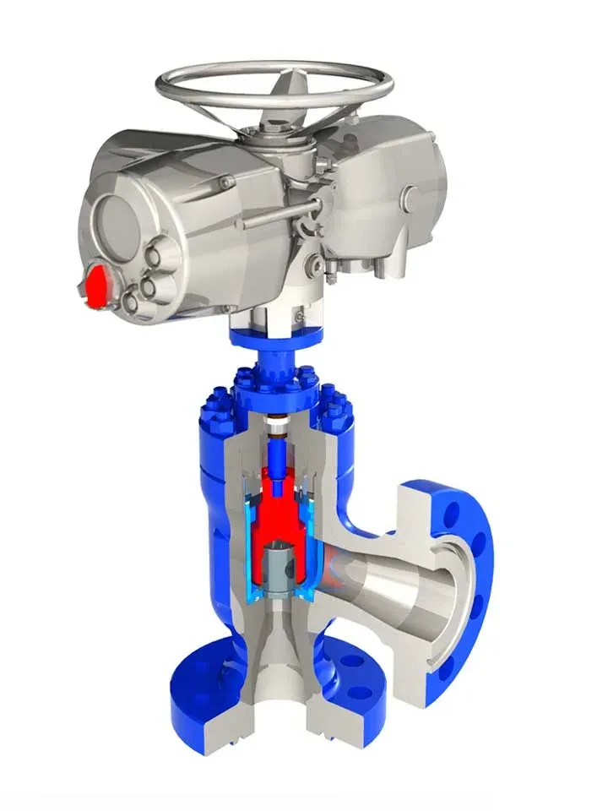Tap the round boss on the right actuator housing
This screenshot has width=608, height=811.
coord(411,197)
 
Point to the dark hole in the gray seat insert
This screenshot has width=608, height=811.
coord(288,568)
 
